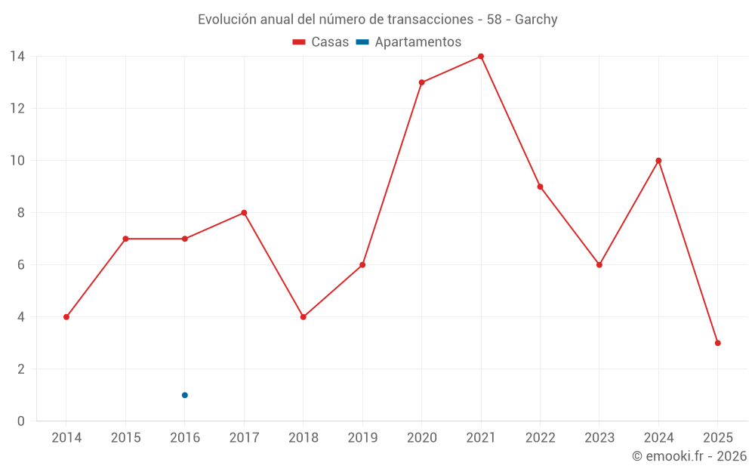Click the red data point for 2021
click(481, 57)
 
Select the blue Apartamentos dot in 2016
click(185, 395)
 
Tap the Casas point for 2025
click(717, 343)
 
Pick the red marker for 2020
click(421, 82)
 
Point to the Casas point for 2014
click(66, 317)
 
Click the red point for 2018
click(303, 317)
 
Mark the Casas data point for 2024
click(658, 161)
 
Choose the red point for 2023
click(599, 265)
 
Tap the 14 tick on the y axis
click(17, 57)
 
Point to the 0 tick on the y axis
click(21, 421)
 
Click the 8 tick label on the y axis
click(21, 213)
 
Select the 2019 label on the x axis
click(362, 438)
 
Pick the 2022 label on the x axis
click(540, 438)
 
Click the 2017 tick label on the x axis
click(244, 438)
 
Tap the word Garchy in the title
click(536, 20)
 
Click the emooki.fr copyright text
click(689, 456)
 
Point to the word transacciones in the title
click(429, 20)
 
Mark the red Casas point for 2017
click(244, 213)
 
